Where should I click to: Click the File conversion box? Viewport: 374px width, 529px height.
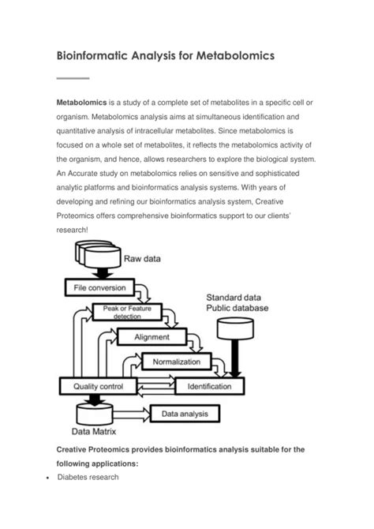coord(99,289)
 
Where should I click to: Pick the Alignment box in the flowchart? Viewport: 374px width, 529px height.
coord(151,337)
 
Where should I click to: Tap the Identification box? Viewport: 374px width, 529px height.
coord(210,387)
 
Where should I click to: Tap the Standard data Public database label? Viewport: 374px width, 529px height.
coord(237,301)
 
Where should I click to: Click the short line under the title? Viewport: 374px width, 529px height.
coord(74,78)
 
